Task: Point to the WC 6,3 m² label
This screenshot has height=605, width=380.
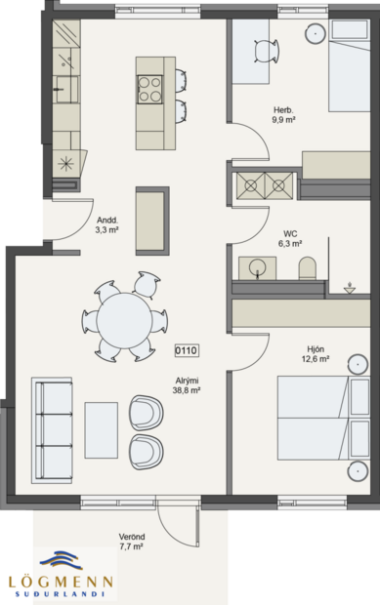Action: (x=290, y=238)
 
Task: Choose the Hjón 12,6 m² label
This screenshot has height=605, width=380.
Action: (x=314, y=355)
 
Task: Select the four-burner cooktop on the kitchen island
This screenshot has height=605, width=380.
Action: (x=149, y=89)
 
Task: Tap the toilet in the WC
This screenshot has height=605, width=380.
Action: (x=307, y=266)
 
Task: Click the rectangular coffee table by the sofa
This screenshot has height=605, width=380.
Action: (x=102, y=428)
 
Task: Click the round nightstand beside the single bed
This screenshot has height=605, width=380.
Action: (x=317, y=32)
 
